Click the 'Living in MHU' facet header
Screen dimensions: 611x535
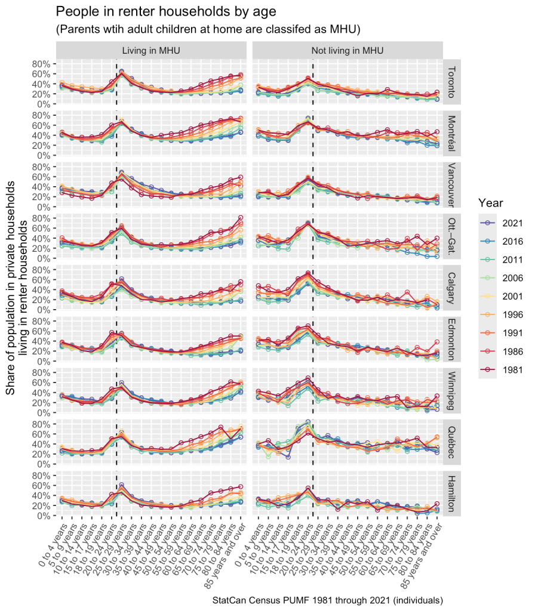(x=151, y=50)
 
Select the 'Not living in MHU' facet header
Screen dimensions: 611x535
(x=348, y=50)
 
